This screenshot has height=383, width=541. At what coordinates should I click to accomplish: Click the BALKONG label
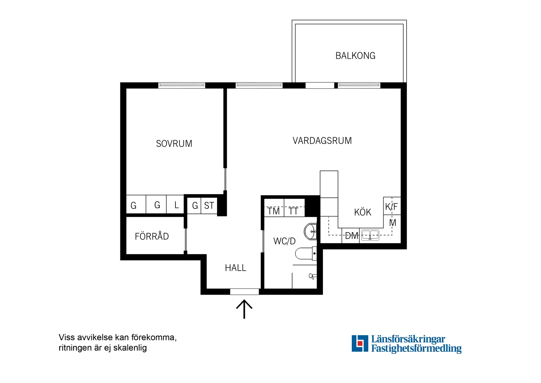coord(355,56)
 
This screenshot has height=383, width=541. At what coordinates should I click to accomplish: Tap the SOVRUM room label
coord(174,144)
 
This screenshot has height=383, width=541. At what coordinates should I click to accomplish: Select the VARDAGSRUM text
coord(322,141)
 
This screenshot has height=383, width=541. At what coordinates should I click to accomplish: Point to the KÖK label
coord(362,212)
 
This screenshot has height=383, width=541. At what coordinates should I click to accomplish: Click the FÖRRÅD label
coord(151,236)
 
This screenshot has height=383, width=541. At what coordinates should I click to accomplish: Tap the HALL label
coord(235,268)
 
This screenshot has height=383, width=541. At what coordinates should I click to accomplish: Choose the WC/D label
coord(284,241)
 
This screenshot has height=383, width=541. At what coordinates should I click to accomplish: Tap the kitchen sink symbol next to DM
coord(370,235)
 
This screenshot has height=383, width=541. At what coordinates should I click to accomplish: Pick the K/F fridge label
coord(391,207)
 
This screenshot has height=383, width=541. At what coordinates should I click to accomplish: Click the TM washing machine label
coord(273,211)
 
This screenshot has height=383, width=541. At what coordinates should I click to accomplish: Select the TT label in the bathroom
coord(293,211)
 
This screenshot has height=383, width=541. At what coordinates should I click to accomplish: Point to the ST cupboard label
coord(209,206)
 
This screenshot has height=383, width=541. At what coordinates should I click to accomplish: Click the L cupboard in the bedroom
coord(176,205)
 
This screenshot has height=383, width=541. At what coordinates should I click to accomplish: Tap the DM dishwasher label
coord(351,236)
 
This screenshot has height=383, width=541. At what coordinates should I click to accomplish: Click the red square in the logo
coord(360,344)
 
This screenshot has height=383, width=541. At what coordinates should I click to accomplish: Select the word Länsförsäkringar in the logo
coord(408,339)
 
